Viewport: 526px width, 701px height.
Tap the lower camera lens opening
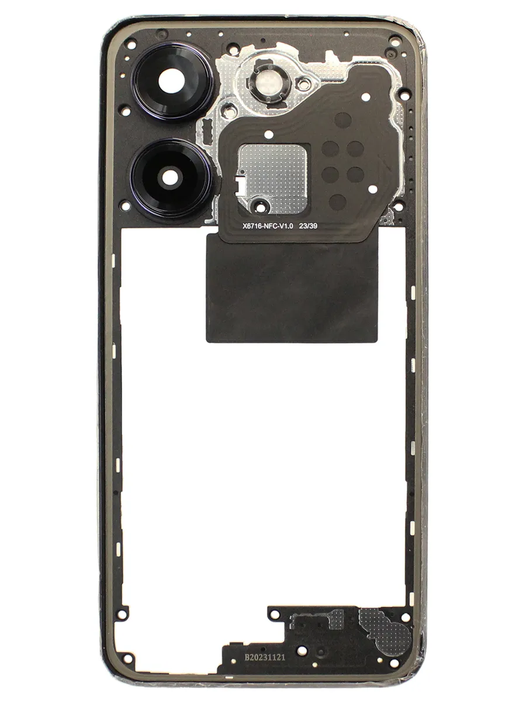169,177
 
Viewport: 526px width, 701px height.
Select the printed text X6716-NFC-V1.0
267,226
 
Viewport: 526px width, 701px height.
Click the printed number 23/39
308,226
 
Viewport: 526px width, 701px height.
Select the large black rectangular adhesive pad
292,287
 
